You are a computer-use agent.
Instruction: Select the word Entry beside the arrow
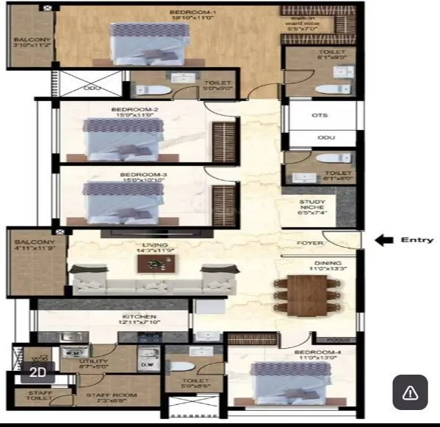click(416, 240)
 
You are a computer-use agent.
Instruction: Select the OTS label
click(320, 115)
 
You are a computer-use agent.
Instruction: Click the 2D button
click(38, 372)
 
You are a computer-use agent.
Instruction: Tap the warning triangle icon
click(410, 392)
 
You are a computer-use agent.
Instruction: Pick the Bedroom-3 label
click(136, 175)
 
